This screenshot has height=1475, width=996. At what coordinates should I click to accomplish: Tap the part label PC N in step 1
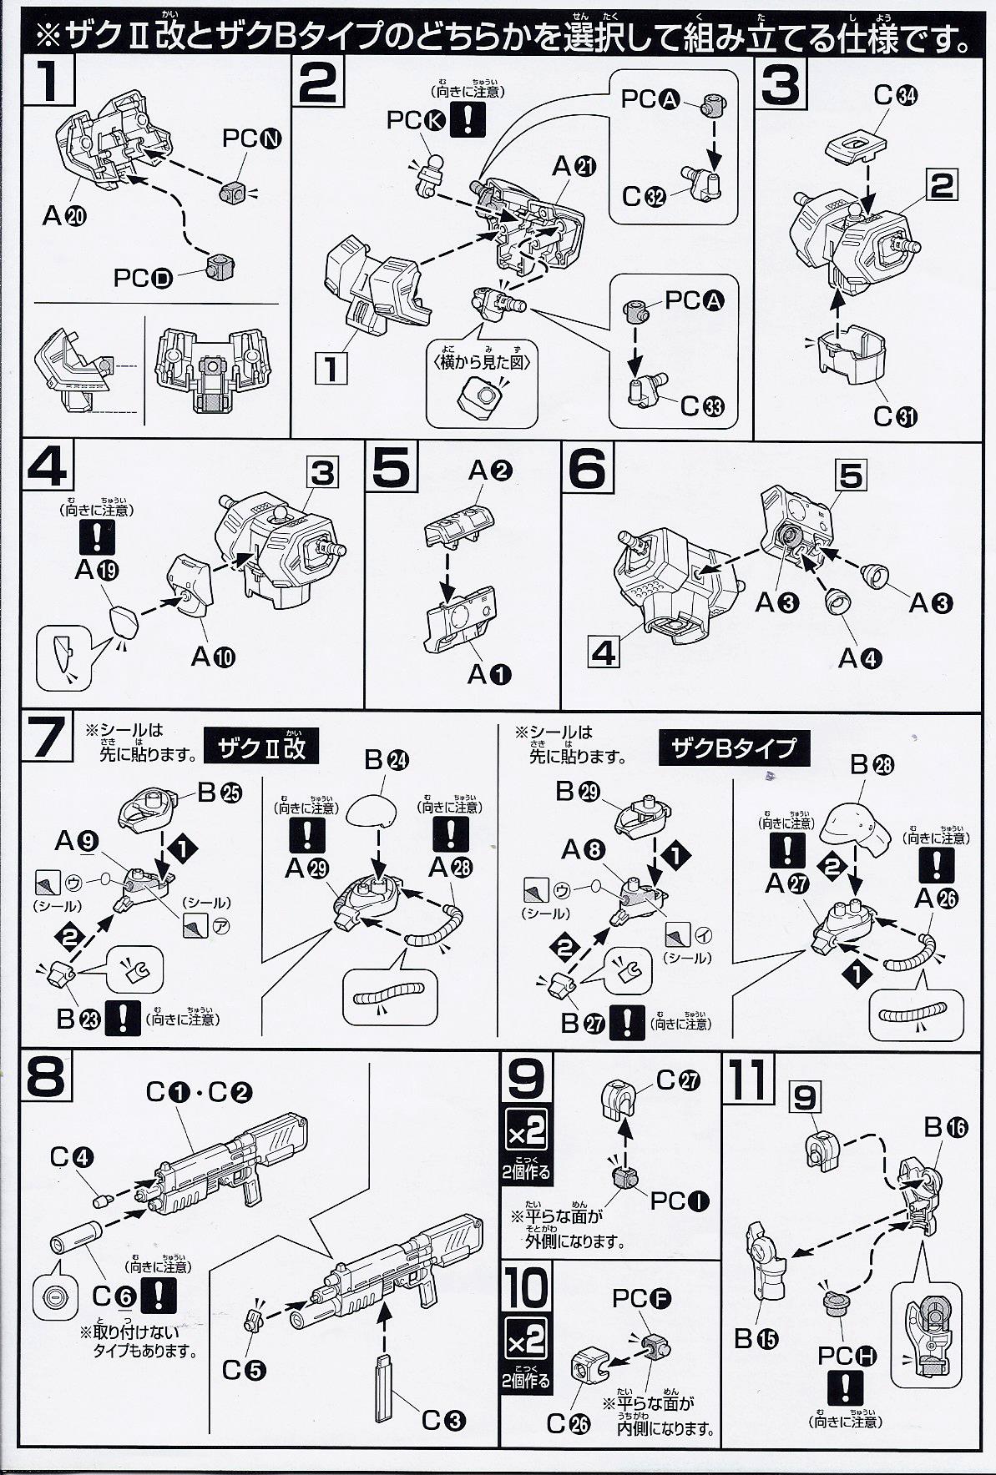[x=251, y=139]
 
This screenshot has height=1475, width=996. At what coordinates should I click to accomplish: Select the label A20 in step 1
[x=64, y=216]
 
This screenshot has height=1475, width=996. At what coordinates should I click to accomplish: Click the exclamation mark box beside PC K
[x=468, y=121]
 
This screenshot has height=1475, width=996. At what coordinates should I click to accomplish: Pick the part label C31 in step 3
[x=894, y=415]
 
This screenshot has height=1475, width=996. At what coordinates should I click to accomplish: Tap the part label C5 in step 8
[x=244, y=1370]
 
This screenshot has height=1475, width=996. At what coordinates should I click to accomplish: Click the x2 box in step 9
[x=528, y=1132]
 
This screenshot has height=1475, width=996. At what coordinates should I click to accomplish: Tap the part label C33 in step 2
[x=702, y=406]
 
